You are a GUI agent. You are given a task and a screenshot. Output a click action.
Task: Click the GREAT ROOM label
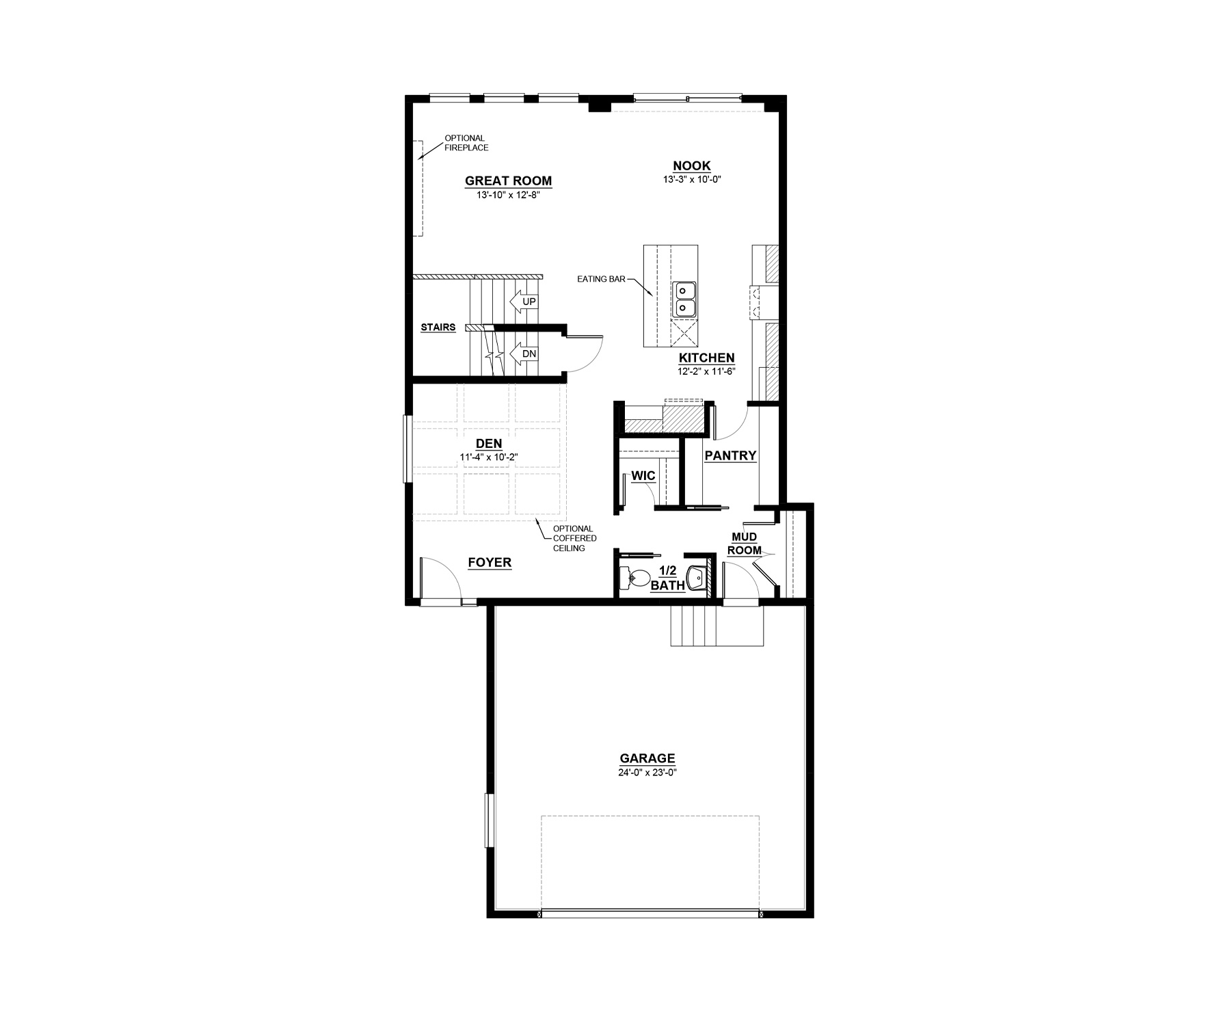(508, 181)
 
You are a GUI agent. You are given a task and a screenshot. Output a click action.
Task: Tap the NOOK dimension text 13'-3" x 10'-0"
(692, 180)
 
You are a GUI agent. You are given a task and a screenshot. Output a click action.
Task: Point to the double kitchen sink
(684, 299)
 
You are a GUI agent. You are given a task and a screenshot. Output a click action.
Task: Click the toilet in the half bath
(634, 578)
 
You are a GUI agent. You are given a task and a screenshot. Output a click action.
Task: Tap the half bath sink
(696, 577)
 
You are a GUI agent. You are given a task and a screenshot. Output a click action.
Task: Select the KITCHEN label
(706, 358)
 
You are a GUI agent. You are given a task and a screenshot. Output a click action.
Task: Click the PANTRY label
(730, 455)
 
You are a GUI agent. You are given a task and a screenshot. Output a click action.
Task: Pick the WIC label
(643, 476)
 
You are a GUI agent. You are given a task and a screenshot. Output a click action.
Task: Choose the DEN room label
(489, 444)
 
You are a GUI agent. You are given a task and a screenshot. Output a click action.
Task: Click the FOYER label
(490, 563)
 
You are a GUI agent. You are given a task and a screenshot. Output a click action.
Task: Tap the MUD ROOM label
(744, 544)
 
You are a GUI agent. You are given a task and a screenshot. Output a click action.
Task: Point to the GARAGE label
(647, 758)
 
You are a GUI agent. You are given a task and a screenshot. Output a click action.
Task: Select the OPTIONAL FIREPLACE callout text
(466, 143)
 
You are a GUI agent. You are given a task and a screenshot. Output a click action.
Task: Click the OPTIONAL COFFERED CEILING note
(574, 538)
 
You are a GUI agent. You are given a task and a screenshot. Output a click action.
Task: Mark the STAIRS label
(438, 328)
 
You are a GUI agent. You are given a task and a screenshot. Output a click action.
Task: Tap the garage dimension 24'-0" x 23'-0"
(647, 773)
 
